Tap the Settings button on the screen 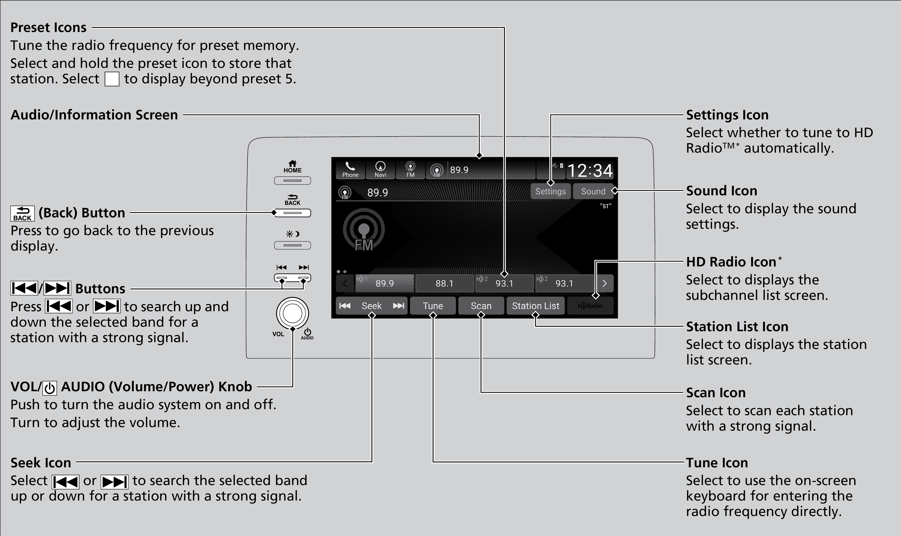pyautogui.click(x=550, y=191)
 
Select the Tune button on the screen pyautogui.click(x=433, y=306)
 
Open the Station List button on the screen pyautogui.click(x=535, y=306)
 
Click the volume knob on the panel pyautogui.click(x=292, y=313)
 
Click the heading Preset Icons pyautogui.click(x=48, y=27)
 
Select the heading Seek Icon pyautogui.click(x=41, y=463)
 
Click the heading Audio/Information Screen pyautogui.click(x=94, y=115)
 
